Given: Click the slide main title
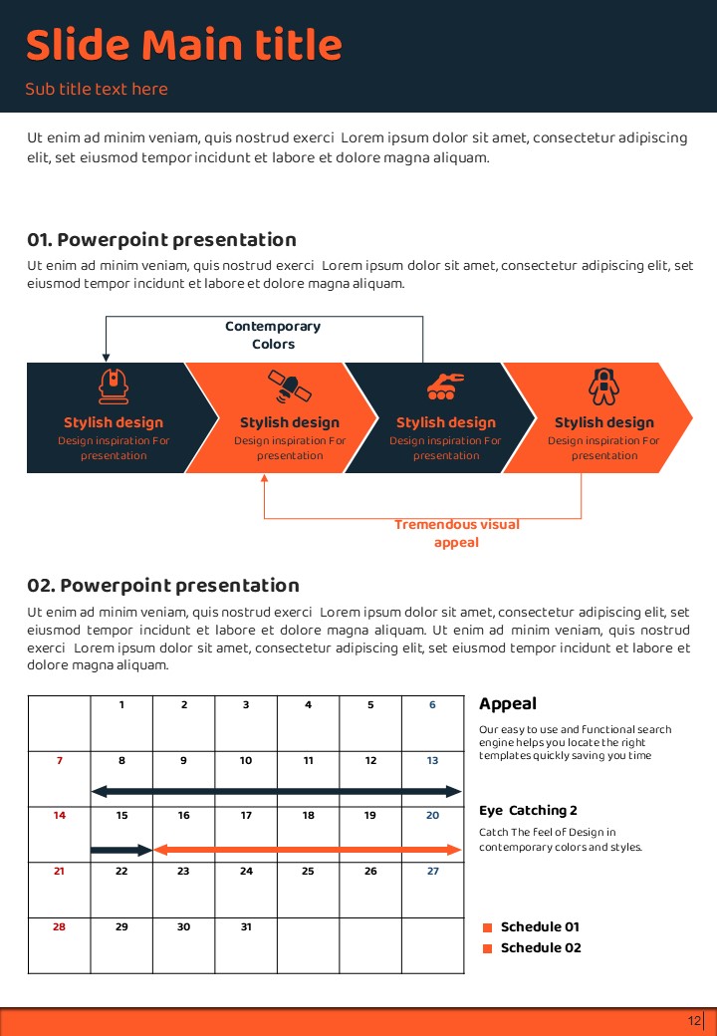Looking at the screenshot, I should coord(183,46).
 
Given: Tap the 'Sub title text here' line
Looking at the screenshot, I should coord(97,90).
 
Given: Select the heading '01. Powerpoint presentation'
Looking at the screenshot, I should coord(161,240).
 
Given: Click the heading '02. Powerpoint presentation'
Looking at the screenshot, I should coord(163,586).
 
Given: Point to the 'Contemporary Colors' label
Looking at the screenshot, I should coord(273,335).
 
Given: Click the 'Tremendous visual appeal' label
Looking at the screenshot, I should coord(456,533).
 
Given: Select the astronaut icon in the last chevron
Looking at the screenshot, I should coord(602,386).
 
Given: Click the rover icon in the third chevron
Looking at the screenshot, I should coord(445,386).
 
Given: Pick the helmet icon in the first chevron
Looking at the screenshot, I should coord(114,386).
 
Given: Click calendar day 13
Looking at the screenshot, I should coord(432,761).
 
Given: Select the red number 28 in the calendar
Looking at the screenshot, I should coord(60,926).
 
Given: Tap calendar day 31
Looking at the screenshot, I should coord(246,926).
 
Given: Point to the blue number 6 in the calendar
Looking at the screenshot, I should coord(432,705).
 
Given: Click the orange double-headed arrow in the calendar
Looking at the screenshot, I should coord(308,850).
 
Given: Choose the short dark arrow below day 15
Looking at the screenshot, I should coord(120,850).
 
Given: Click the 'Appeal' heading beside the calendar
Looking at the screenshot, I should coord(508,704).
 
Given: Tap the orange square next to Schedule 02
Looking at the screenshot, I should coord(488,948).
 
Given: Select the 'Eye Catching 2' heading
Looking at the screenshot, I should coord(528,811).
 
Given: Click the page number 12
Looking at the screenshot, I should coord(694,1021).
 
